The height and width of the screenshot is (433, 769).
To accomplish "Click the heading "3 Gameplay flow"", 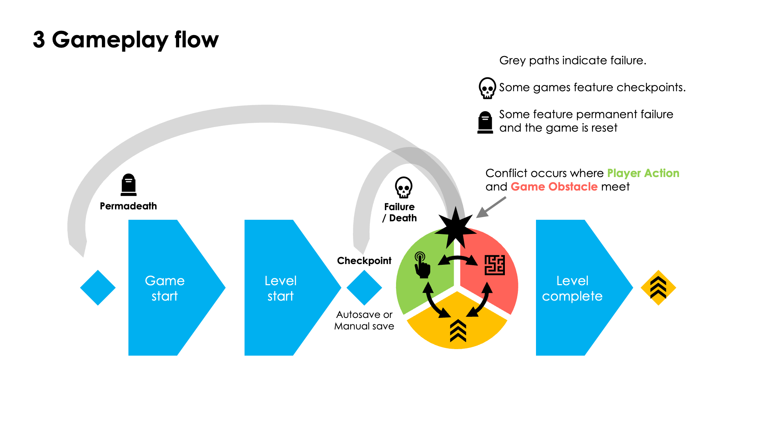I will (125, 40).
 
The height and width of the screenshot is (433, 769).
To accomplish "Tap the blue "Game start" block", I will (165, 288).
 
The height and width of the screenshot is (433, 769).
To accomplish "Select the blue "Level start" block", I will (281, 288).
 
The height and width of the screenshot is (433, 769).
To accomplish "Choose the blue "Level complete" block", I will (573, 288).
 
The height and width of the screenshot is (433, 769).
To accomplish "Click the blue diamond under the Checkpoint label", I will (364, 288).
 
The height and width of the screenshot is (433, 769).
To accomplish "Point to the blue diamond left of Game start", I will (98, 288).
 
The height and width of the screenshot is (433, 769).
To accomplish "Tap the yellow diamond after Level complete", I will (658, 288).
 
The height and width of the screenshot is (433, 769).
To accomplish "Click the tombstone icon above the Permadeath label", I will (128, 185).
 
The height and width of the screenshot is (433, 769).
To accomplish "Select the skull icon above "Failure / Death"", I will (403, 187).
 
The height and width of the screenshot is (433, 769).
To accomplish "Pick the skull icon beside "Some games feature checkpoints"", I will (487, 88).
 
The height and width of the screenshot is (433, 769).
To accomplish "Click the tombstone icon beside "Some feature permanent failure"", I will (485, 122).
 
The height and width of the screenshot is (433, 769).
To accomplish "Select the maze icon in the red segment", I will (494, 265).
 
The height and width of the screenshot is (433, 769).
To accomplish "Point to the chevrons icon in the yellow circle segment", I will (458, 330).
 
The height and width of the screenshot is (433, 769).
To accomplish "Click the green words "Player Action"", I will (643, 173).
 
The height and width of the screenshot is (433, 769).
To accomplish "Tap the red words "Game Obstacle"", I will (554, 187).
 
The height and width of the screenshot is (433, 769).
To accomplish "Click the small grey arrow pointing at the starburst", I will (491, 207).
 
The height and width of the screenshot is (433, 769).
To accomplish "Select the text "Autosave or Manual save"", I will (364, 320).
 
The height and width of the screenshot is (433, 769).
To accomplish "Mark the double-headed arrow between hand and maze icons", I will (458, 260).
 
